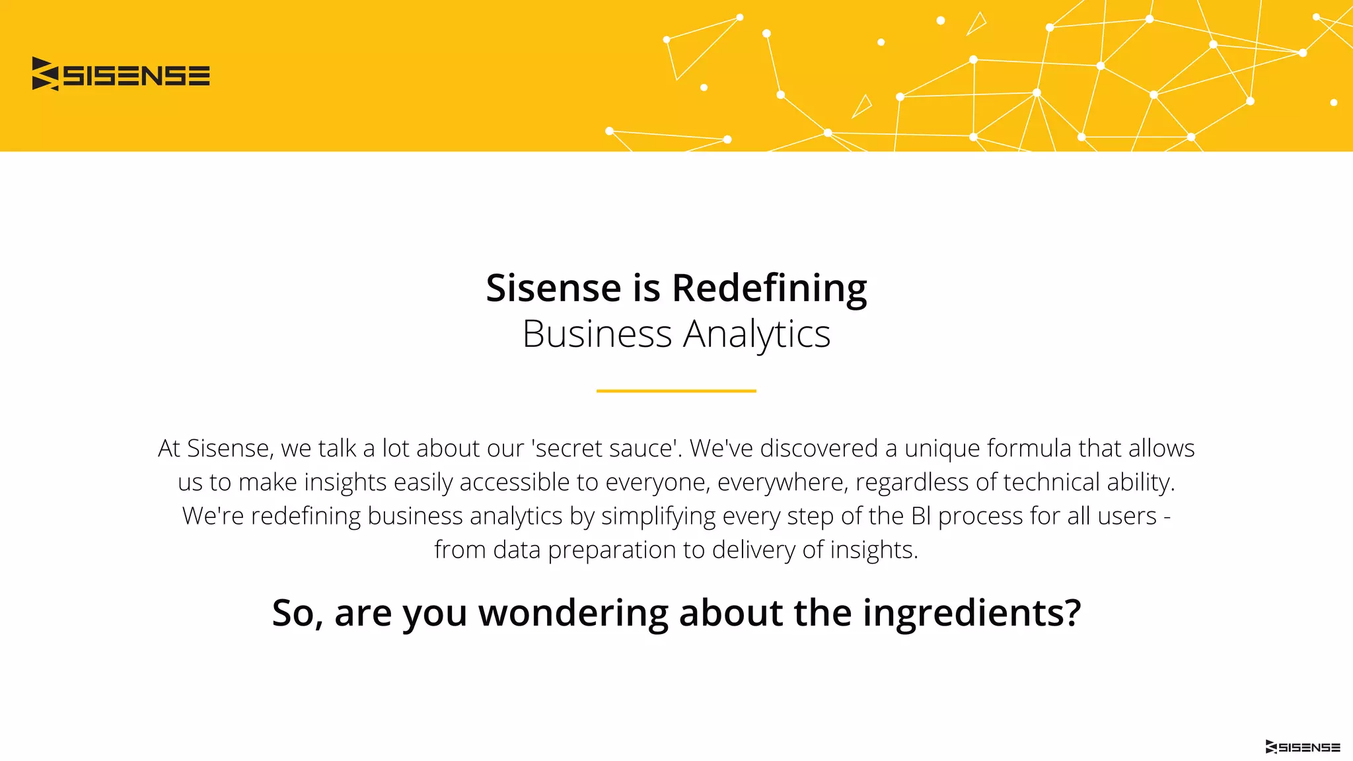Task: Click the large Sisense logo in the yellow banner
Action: (x=121, y=74)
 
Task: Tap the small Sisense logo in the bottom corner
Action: (x=1302, y=747)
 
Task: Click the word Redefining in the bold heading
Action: (x=769, y=288)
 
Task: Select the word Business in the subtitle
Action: (x=597, y=334)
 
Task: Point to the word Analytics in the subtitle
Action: (x=756, y=334)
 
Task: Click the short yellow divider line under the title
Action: (x=676, y=391)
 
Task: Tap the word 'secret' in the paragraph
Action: (x=569, y=449)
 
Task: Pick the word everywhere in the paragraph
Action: (x=782, y=482)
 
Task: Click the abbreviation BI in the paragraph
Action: (x=921, y=516)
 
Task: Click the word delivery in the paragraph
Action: (x=754, y=550)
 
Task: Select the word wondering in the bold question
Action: (x=573, y=612)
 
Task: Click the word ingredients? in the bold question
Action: (x=971, y=612)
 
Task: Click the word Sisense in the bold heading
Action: (x=554, y=288)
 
